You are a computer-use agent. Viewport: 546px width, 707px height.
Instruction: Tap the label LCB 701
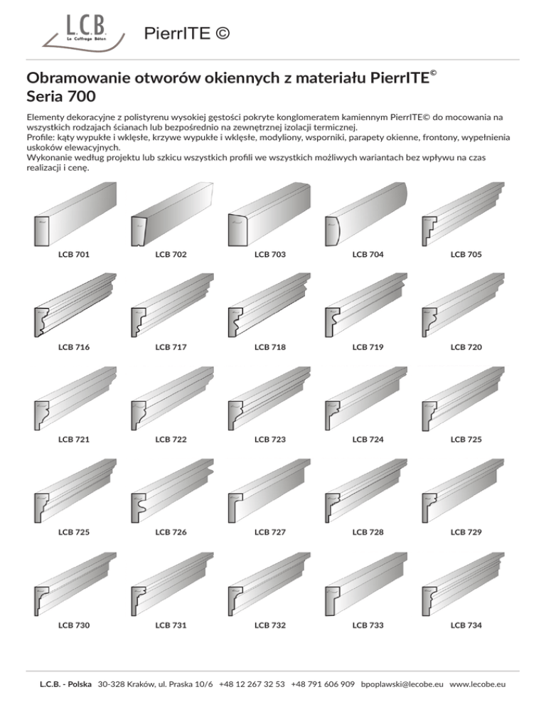pos(73,254)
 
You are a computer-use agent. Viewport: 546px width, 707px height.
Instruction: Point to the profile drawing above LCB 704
pos(366,213)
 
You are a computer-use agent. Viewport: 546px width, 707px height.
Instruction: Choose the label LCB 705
pos(466,254)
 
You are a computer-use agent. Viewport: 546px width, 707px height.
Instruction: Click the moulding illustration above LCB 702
pos(171,213)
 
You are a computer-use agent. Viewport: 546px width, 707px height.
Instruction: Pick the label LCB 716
pos(73,347)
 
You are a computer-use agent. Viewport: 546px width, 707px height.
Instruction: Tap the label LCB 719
pos(368,347)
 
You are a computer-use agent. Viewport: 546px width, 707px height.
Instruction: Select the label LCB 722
pos(171,440)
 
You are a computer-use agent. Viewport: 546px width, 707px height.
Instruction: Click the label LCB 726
pos(171,532)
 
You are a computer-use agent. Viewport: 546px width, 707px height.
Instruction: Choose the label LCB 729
pos(466,532)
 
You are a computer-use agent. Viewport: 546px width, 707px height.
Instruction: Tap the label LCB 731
pos(171,625)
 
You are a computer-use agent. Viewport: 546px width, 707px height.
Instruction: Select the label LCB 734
pos(466,625)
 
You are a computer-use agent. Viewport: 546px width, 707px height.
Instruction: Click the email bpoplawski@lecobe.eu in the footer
pos(403,684)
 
